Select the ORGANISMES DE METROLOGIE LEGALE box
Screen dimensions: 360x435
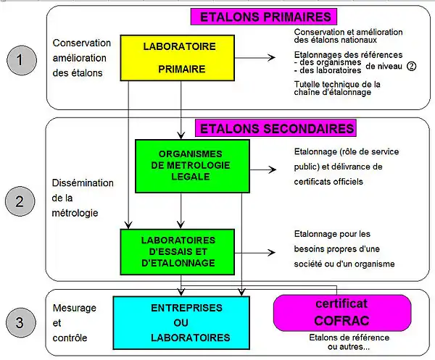(x=192, y=167)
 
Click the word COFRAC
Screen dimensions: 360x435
(x=341, y=319)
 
